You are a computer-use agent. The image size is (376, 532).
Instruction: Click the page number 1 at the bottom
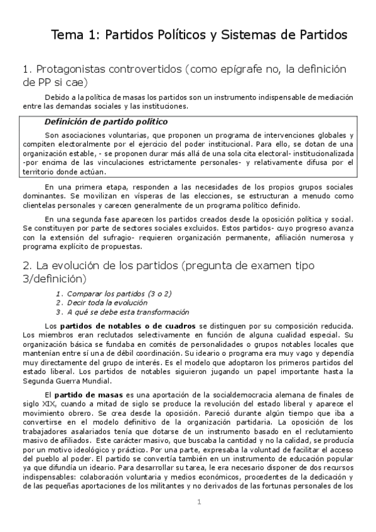pos(198,501)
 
